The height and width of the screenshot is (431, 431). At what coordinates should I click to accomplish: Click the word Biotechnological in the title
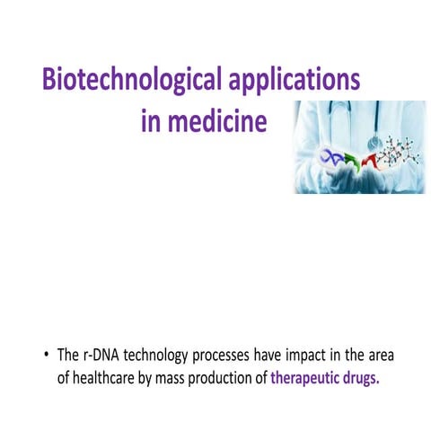point(126,81)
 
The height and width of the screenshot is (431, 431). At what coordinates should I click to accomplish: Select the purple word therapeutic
point(309,378)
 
